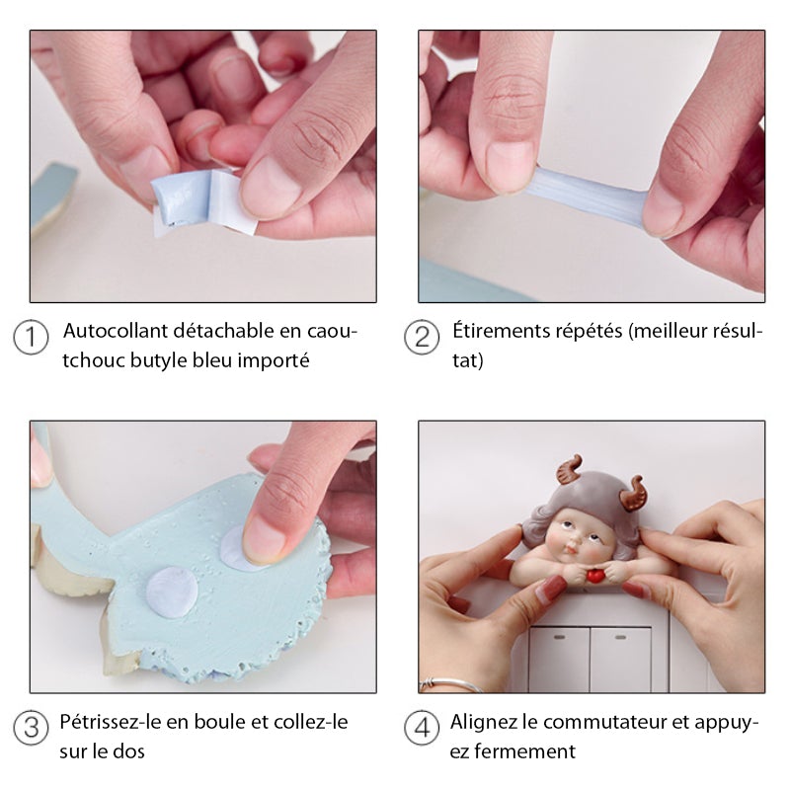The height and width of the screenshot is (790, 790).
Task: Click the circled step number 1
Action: point(32,338)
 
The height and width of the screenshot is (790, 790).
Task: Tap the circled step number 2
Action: point(422,338)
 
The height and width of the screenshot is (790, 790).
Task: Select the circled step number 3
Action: point(32,729)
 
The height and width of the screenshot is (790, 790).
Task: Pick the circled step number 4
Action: point(422,729)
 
